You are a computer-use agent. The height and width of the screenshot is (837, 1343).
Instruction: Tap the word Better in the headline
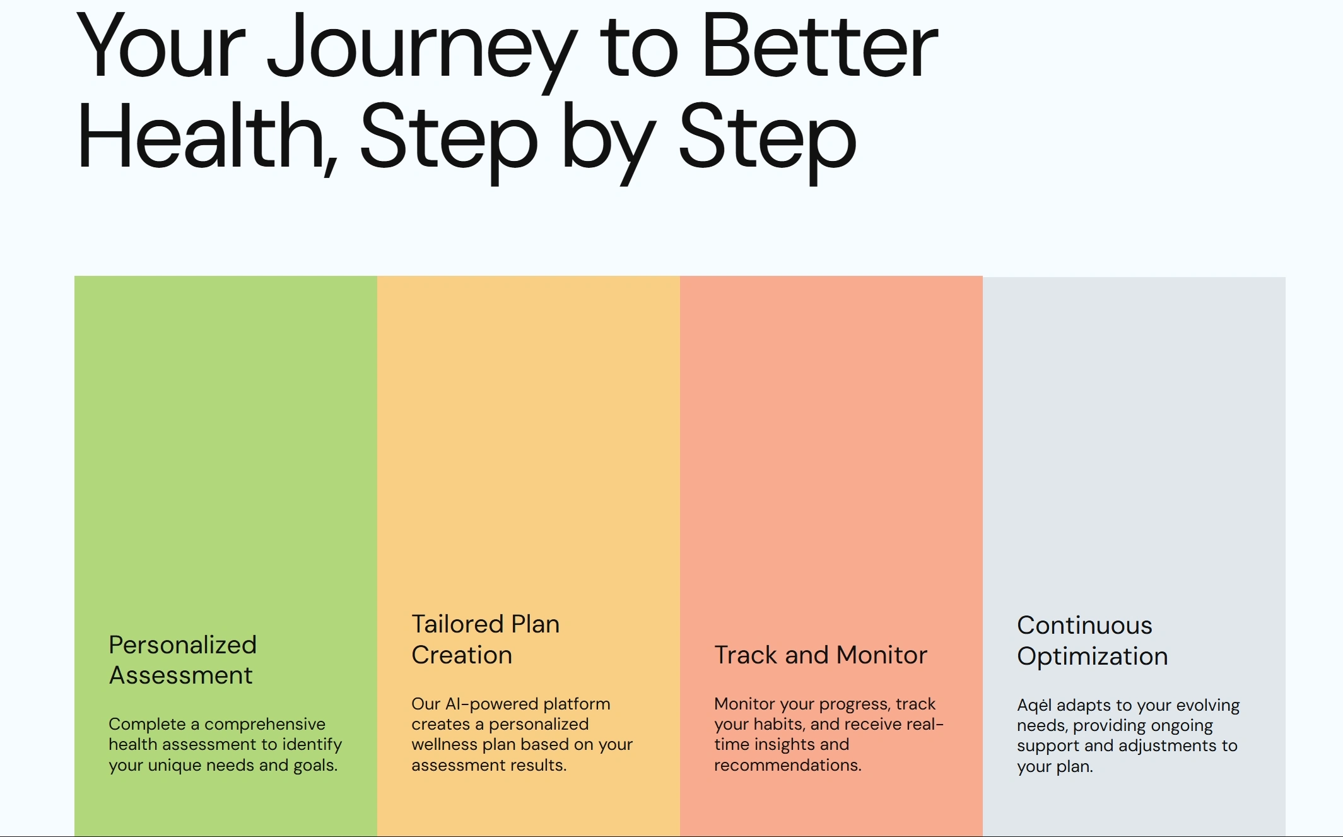[x=820, y=45]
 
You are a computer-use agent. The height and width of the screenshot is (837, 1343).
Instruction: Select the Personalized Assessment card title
[x=183, y=660]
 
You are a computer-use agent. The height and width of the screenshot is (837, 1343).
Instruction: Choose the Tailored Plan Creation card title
[x=486, y=639]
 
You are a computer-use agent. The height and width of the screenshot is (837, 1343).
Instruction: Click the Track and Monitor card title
[x=821, y=655]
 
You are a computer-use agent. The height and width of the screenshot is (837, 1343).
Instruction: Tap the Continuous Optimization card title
[x=1093, y=641]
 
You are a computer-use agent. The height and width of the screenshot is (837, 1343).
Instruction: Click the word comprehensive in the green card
[x=265, y=725]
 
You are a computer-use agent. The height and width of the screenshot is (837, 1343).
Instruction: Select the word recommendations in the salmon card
[x=788, y=766]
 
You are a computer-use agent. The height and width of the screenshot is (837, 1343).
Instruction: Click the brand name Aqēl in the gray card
[x=1035, y=706]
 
